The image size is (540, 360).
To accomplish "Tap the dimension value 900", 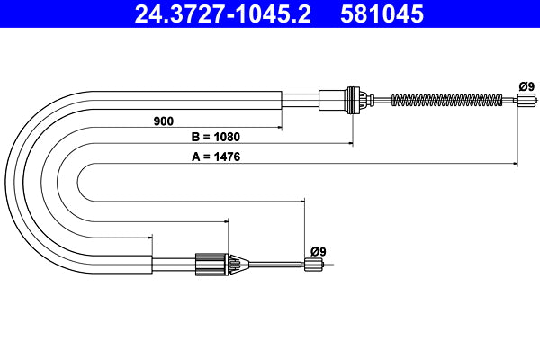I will coord(163,120).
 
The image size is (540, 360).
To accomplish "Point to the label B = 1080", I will coord(215,138).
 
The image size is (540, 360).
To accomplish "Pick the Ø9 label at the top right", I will coord(526,86).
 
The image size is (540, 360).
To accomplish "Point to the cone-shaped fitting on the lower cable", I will coord(237,264).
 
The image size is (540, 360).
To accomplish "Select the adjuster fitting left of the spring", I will coord(353,99).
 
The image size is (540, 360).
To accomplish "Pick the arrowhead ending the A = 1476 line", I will coord(516,163).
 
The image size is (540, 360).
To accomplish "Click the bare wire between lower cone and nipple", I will coord(274,264).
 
